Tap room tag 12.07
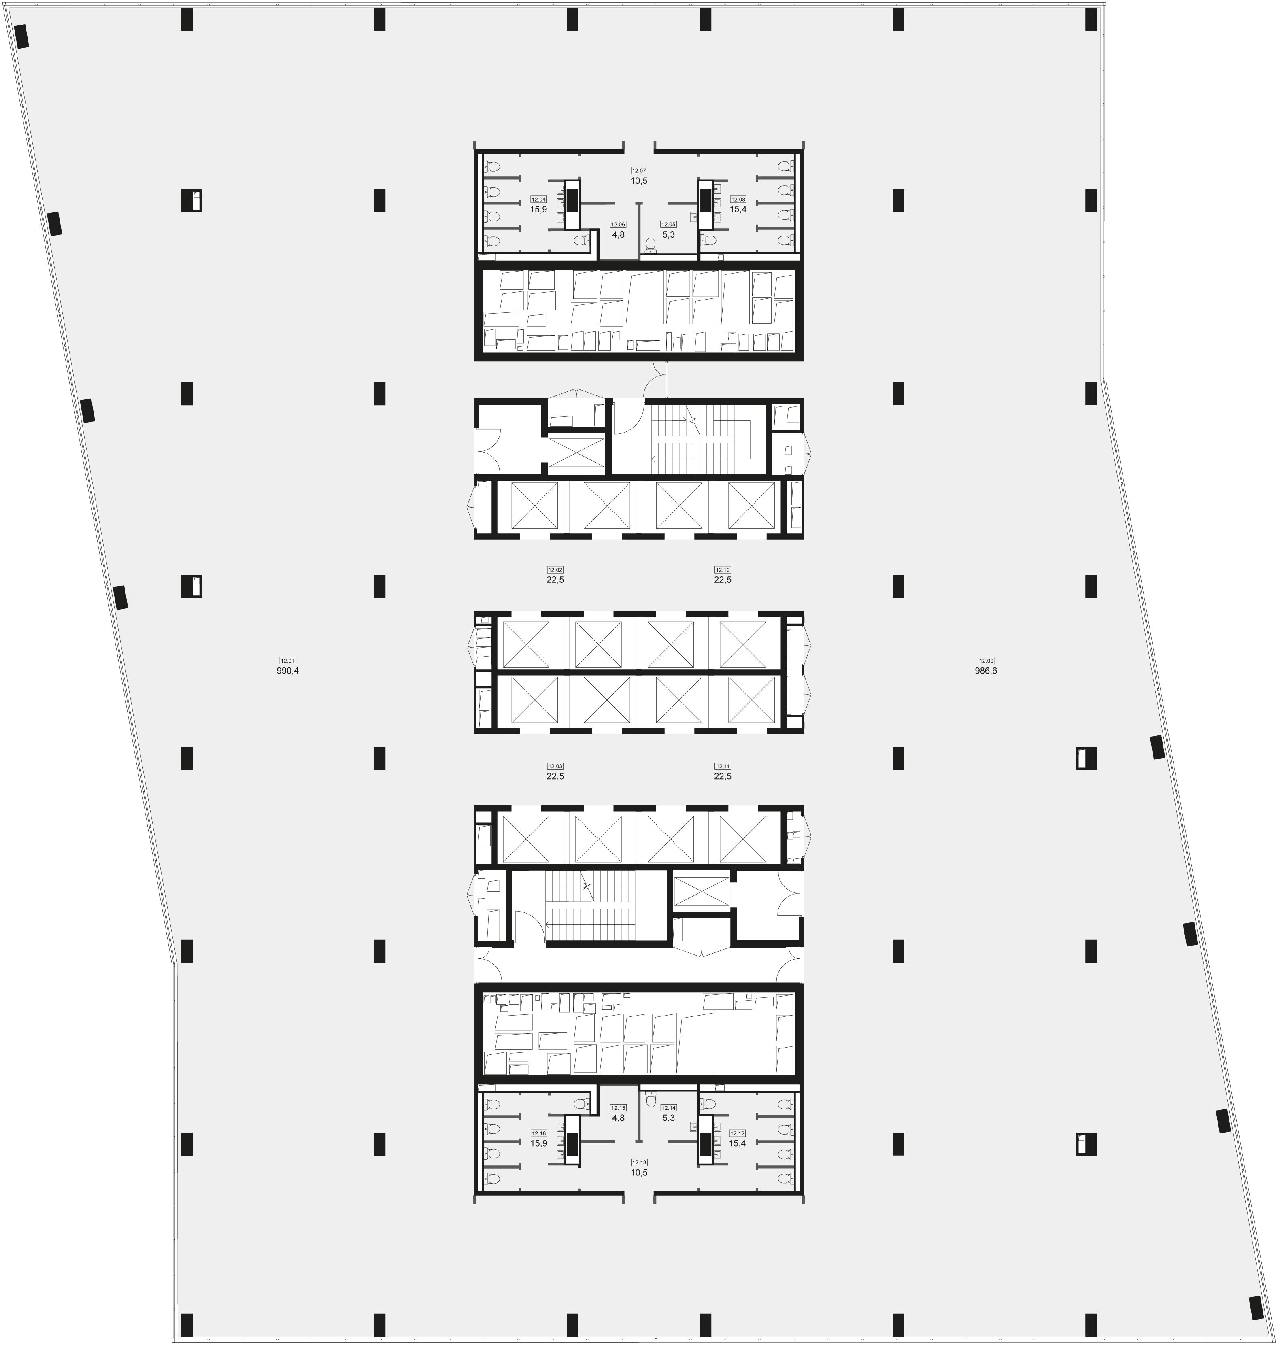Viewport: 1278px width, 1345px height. click(x=638, y=170)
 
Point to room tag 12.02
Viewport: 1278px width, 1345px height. click(x=555, y=569)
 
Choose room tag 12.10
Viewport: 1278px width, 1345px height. click(x=722, y=569)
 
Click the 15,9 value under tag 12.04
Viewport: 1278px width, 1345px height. click(x=539, y=209)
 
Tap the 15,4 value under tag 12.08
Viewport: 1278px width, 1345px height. click(x=738, y=209)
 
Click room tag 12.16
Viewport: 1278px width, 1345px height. click(x=539, y=1133)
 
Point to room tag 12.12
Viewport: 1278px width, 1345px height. click(x=738, y=1133)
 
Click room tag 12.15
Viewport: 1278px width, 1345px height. click(x=618, y=1107)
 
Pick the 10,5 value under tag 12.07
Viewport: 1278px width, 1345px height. click(x=638, y=181)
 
